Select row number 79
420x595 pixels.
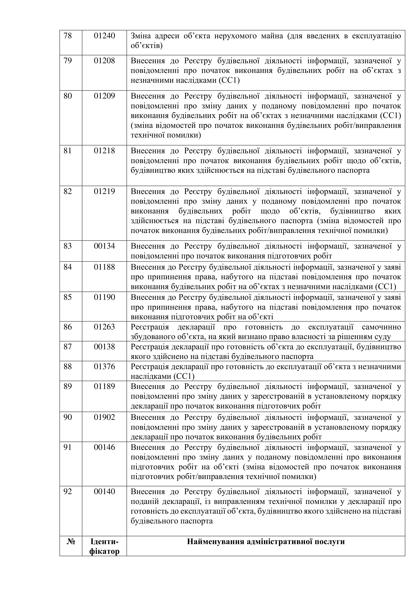(x=68, y=61)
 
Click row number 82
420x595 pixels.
(x=68, y=191)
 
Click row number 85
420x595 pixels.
(x=68, y=297)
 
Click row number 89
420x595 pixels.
(x=68, y=387)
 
